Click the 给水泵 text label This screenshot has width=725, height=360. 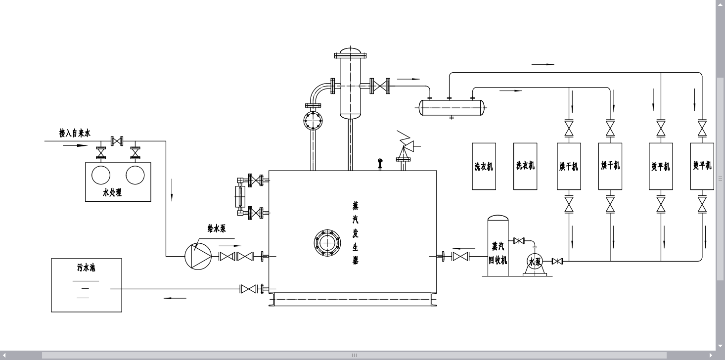pyautogui.click(x=217, y=228)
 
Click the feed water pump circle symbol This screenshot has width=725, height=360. pyautogui.click(x=198, y=256)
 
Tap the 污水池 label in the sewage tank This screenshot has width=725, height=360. pyautogui.click(x=86, y=268)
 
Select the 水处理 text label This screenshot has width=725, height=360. pyautogui.click(x=112, y=193)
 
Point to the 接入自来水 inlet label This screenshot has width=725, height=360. pyautogui.click(x=75, y=133)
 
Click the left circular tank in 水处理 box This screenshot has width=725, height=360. pyautogui.click(x=101, y=176)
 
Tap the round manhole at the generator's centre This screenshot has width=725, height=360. pyautogui.click(x=327, y=243)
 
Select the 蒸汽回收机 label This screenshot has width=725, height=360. pyautogui.click(x=498, y=253)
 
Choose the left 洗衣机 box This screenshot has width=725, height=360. pyautogui.click(x=484, y=166)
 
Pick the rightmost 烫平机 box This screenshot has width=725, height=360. pyautogui.click(x=702, y=166)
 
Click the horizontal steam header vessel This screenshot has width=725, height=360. pyautogui.click(x=451, y=107)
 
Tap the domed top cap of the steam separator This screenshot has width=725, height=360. pyautogui.click(x=351, y=52)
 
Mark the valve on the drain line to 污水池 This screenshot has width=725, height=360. pyautogui.click(x=248, y=289)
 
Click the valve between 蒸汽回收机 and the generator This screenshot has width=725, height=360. pyautogui.click(x=460, y=256)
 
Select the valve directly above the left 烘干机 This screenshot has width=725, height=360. pyautogui.click(x=569, y=129)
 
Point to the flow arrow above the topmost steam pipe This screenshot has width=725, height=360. pyautogui.click(x=543, y=64)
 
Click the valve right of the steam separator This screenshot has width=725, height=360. pyautogui.click(x=380, y=86)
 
